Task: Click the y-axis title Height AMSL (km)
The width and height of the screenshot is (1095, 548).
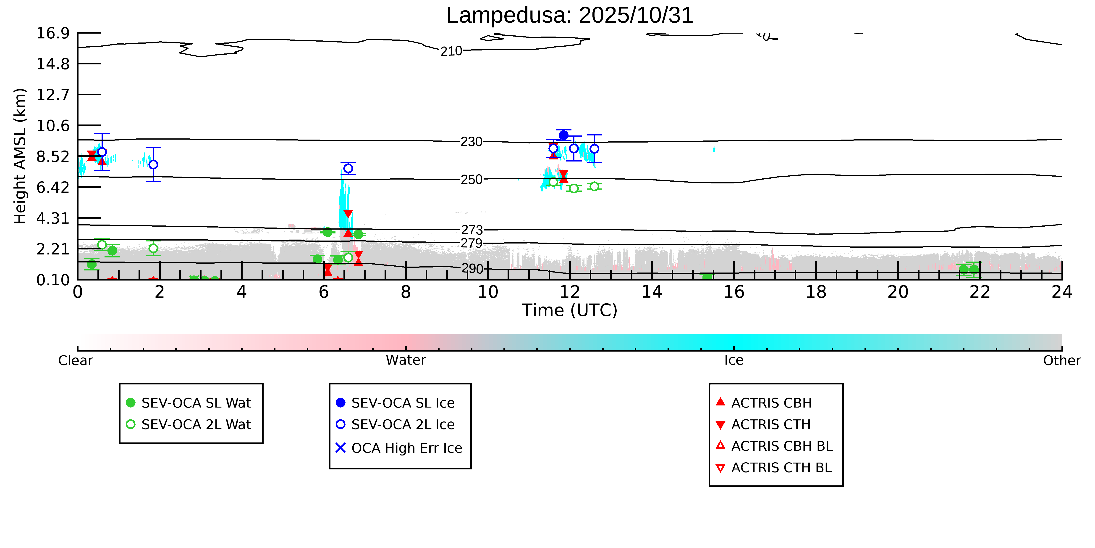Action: pos(20,156)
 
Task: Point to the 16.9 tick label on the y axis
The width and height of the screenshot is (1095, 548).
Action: pos(53,33)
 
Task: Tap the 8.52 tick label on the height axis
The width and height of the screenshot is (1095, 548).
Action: pos(53,156)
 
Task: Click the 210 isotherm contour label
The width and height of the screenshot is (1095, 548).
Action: pos(451,51)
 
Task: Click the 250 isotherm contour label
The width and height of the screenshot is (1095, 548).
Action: pos(472,180)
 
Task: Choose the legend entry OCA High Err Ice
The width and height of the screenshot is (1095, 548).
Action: pos(406,448)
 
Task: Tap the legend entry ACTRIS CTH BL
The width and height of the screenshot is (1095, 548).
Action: pos(781,468)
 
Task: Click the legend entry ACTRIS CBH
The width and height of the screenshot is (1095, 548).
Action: pos(771,402)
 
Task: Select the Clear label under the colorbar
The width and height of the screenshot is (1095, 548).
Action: pos(76,360)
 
